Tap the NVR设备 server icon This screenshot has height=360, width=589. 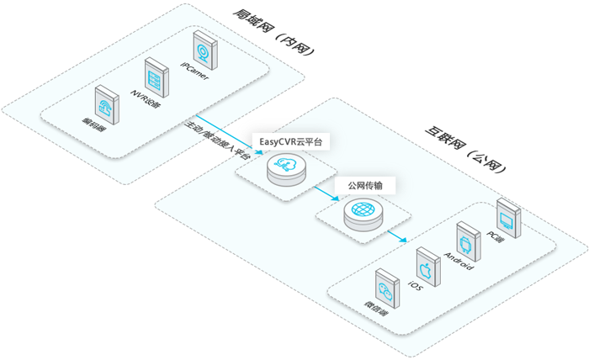[153, 77]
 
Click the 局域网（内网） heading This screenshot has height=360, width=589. [273, 33]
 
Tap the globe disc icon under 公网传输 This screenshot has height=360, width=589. [363, 213]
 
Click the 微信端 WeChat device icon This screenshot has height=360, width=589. [386, 290]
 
